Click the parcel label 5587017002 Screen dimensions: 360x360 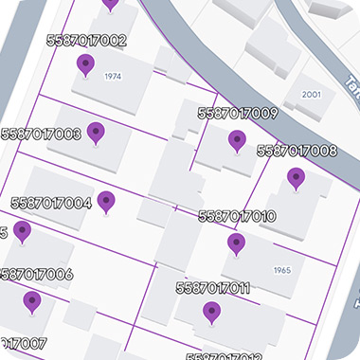point(86,41)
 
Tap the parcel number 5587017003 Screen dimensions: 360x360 point(42,135)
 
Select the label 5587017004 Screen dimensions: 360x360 point(51,203)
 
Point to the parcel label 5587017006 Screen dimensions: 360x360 point(37,275)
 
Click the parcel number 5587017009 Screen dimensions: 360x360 point(237,114)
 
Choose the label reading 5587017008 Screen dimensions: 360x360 point(297,151)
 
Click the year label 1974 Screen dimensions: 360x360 point(114,76)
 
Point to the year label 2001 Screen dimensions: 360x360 point(311,96)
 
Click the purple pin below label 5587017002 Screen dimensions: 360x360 point(85,65)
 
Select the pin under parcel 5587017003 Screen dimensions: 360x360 point(96,133)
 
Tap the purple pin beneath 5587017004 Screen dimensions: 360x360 point(106,202)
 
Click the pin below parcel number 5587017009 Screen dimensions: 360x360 point(237,142)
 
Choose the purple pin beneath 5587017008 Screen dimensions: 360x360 point(297,178)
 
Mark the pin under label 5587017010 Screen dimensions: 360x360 point(236,244)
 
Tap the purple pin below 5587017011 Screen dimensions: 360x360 point(211,313)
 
